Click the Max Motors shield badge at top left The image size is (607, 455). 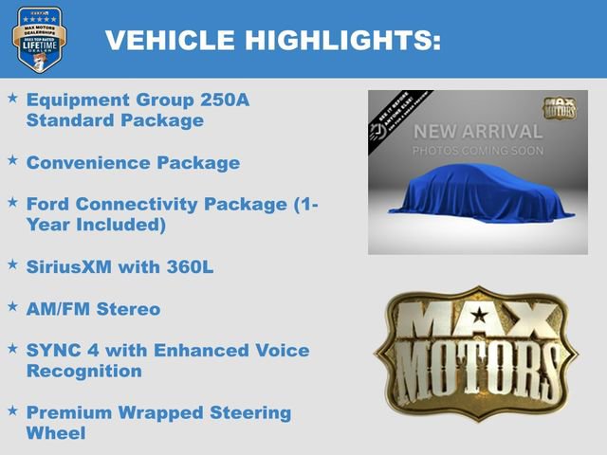(39, 40)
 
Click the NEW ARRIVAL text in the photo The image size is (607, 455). (477, 132)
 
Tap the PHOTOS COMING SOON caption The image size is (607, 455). (477, 151)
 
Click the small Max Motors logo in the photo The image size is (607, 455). (560, 108)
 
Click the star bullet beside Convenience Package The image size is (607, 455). (12, 161)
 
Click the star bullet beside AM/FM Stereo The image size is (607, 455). (12, 307)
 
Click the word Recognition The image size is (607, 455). (84, 371)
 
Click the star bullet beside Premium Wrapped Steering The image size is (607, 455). (12, 410)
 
